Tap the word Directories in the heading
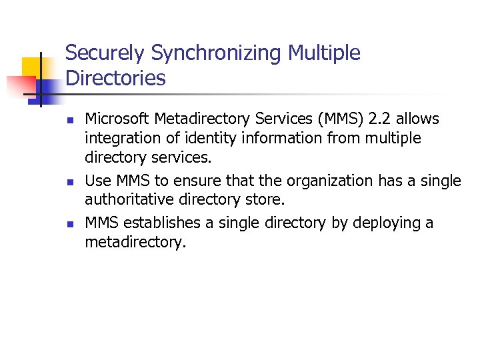(115, 79)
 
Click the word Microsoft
(117, 119)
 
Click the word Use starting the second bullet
(97, 181)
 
